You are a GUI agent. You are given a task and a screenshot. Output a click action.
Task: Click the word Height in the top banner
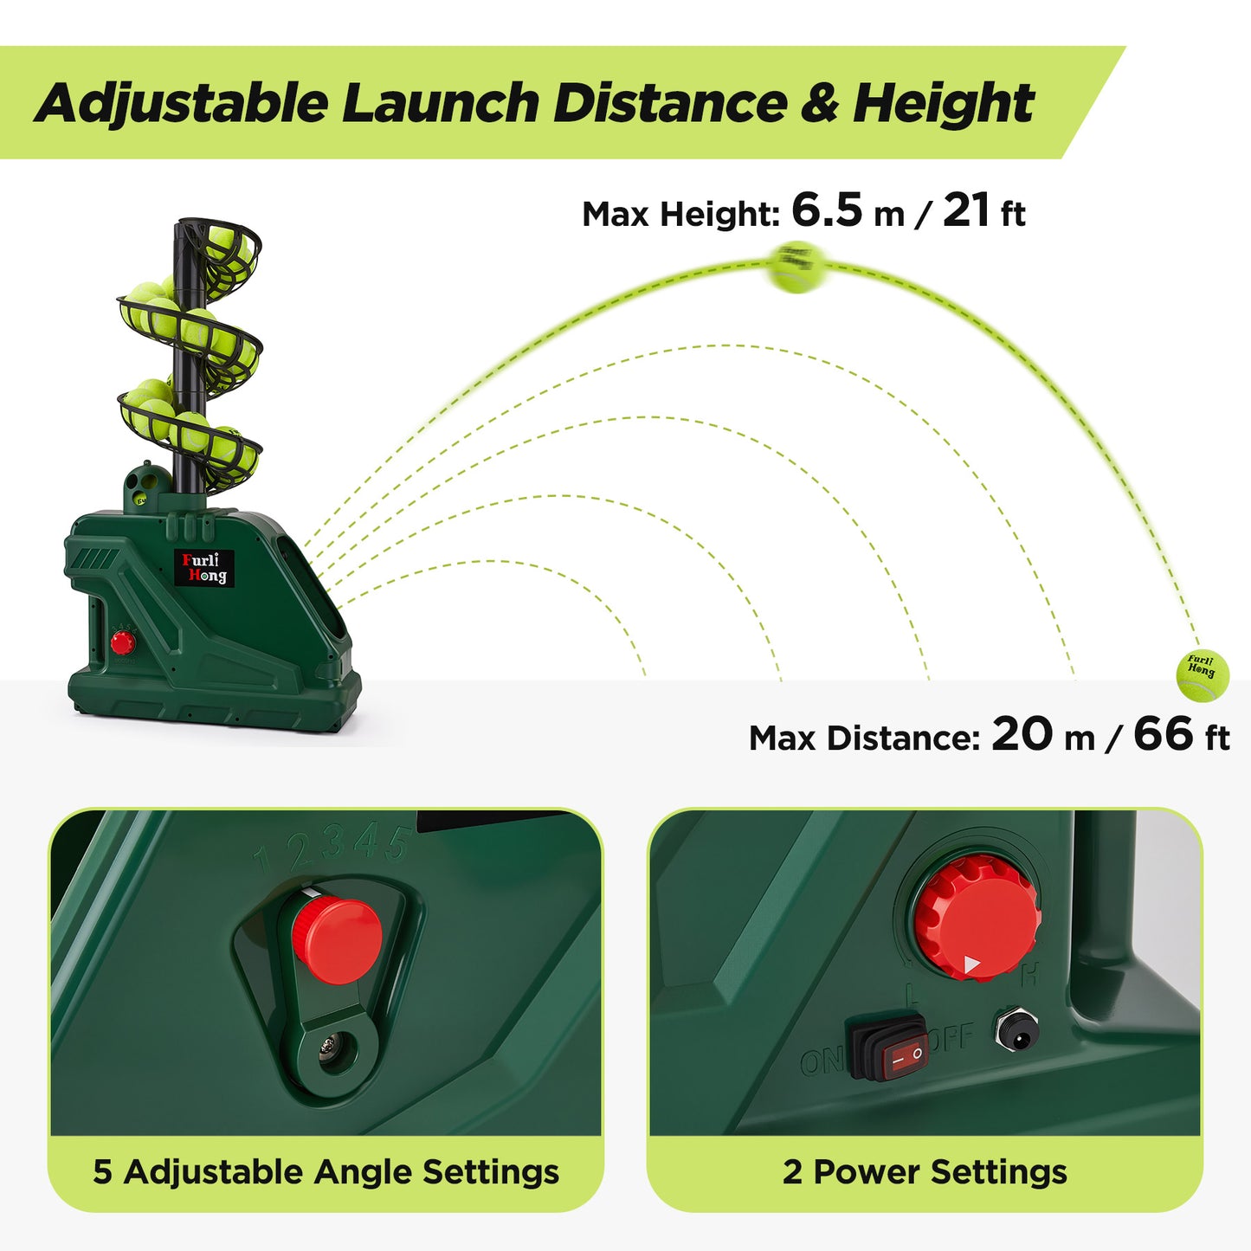pos(943,104)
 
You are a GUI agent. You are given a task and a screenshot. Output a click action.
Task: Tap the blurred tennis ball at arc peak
pos(796,267)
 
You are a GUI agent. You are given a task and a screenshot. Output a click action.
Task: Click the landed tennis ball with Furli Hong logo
pos(1203,674)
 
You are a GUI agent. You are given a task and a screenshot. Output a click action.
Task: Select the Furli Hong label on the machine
pos(204,568)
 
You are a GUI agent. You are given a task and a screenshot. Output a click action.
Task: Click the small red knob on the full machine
pos(122,642)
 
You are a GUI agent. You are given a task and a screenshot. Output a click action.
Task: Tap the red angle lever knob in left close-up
pos(337,939)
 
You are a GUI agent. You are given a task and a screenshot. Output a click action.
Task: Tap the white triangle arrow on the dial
pos(972,964)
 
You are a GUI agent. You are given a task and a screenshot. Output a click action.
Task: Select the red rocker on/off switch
pos(888,1048)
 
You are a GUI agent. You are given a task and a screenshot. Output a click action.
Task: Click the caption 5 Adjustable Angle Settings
pos(326,1172)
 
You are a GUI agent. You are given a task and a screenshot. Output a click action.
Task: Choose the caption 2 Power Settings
pos(925,1172)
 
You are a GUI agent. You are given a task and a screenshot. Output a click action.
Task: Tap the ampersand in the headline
pos(819,104)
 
